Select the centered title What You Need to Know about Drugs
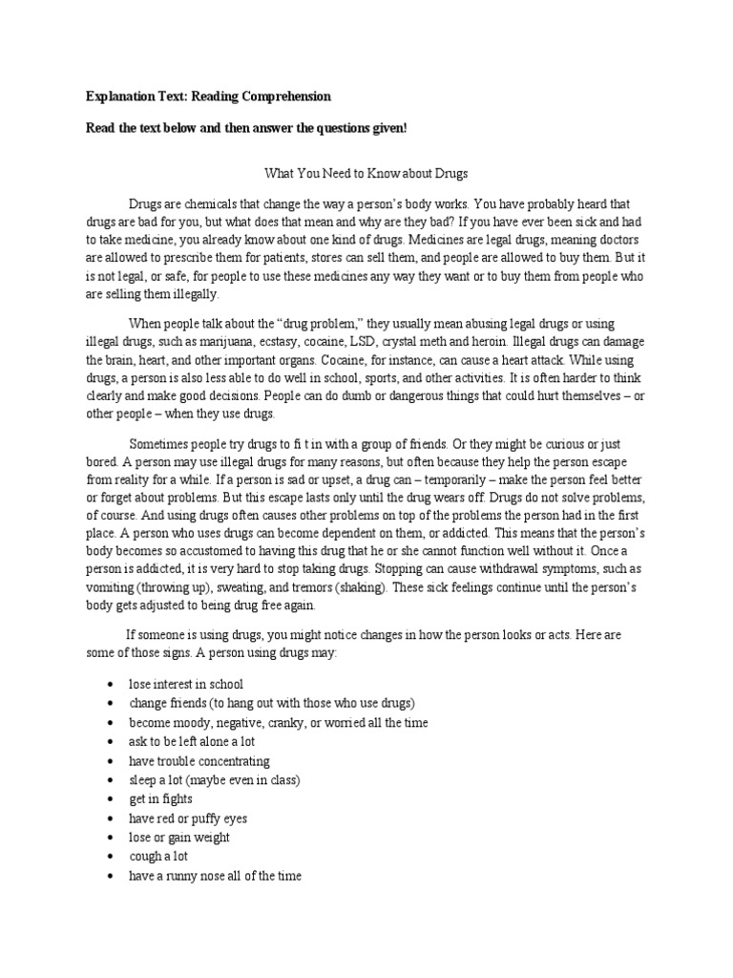click(x=366, y=175)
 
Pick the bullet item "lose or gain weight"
click(x=178, y=838)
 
